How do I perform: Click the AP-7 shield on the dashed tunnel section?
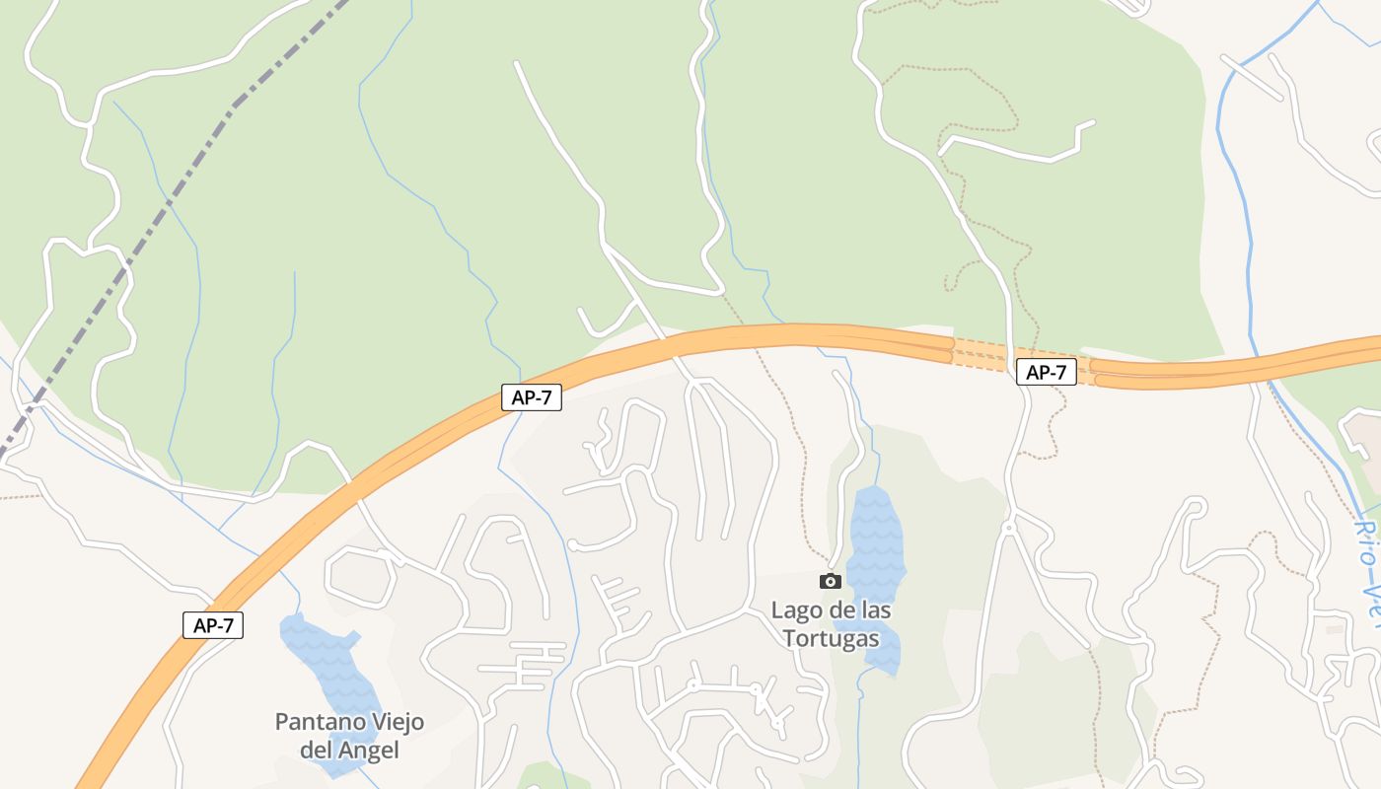(x=1046, y=372)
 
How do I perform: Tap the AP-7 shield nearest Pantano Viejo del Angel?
(x=213, y=624)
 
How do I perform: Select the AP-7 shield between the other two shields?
(x=531, y=397)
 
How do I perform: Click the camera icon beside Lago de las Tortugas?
(x=831, y=581)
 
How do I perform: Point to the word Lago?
(x=796, y=610)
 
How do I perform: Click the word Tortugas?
(x=831, y=638)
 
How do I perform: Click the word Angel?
(x=369, y=750)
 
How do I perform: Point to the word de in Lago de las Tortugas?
(x=838, y=610)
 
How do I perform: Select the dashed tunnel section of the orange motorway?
(x=986, y=355)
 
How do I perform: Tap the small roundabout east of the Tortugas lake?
(x=1008, y=529)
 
